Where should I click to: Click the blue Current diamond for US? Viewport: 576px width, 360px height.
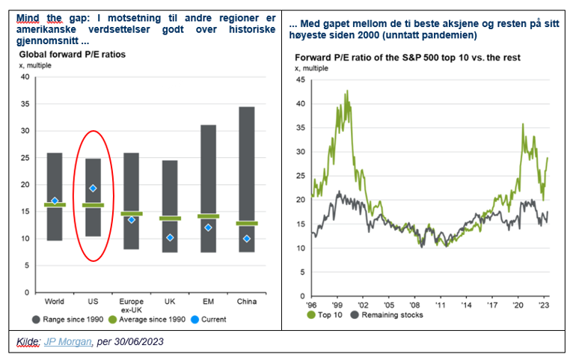point(94,189)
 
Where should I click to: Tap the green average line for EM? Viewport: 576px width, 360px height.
point(209,216)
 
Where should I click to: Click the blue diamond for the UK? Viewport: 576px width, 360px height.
point(171,237)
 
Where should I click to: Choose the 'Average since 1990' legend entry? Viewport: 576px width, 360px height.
point(147,319)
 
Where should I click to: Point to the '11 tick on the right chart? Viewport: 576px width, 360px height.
point(443,305)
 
